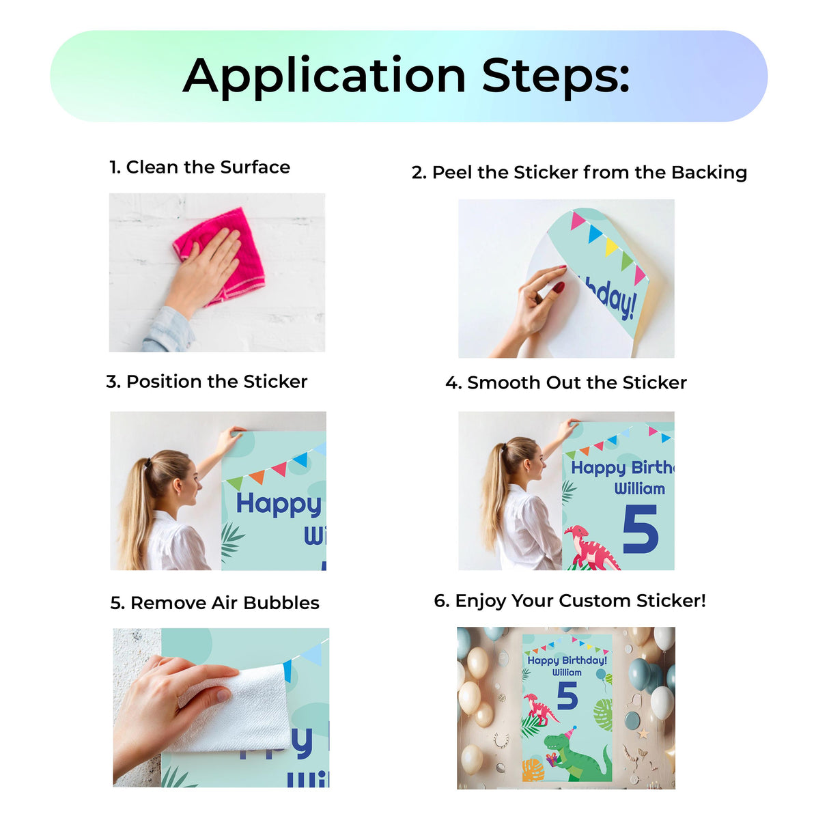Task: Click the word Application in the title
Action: click(x=324, y=76)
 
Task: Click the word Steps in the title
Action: click(x=554, y=76)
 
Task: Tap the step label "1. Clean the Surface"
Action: click(x=199, y=167)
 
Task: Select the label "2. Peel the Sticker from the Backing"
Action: click(x=579, y=173)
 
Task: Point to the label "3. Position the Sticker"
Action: click(x=206, y=382)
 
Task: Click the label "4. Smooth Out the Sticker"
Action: click(x=565, y=383)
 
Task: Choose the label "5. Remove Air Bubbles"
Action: click(x=214, y=603)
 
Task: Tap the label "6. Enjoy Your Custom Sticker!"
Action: click(x=570, y=601)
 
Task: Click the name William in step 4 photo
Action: click(x=639, y=489)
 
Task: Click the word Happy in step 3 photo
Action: click(x=278, y=505)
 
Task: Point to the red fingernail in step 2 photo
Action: click(x=559, y=287)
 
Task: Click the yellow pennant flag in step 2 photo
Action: click(x=610, y=247)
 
